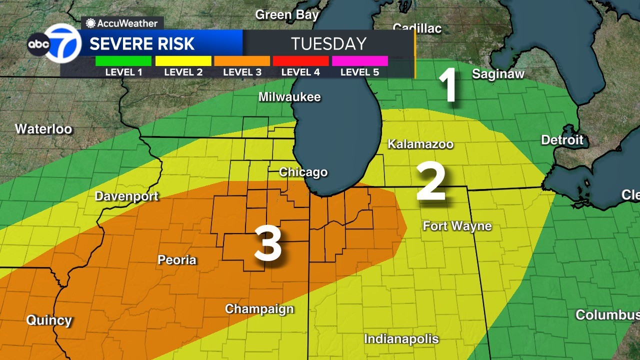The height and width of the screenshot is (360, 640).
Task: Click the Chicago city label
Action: (303, 172)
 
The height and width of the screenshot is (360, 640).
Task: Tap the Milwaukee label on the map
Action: (289, 97)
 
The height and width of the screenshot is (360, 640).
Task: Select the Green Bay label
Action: (286, 15)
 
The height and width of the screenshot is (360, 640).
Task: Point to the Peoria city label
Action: (177, 260)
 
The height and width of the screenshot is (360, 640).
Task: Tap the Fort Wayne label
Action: (457, 226)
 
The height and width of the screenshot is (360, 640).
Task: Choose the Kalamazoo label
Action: (420, 144)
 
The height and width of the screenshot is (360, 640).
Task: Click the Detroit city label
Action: (562, 139)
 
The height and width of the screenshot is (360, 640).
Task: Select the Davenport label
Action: (126, 196)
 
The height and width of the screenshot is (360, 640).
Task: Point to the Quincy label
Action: (49, 320)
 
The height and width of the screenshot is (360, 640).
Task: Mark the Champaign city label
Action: (259, 309)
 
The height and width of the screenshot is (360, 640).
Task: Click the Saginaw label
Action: (498, 74)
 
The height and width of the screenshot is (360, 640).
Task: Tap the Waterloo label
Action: (43, 129)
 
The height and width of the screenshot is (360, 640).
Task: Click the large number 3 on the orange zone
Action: (267, 244)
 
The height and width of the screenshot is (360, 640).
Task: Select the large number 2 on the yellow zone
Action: (431, 183)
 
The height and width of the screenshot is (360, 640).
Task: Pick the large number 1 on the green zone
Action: (448, 85)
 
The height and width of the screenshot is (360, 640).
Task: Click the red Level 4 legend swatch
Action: (300, 61)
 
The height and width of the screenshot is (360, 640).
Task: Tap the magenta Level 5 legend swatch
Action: (359, 61)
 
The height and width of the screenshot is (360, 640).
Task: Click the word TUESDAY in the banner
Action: (328, 43)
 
